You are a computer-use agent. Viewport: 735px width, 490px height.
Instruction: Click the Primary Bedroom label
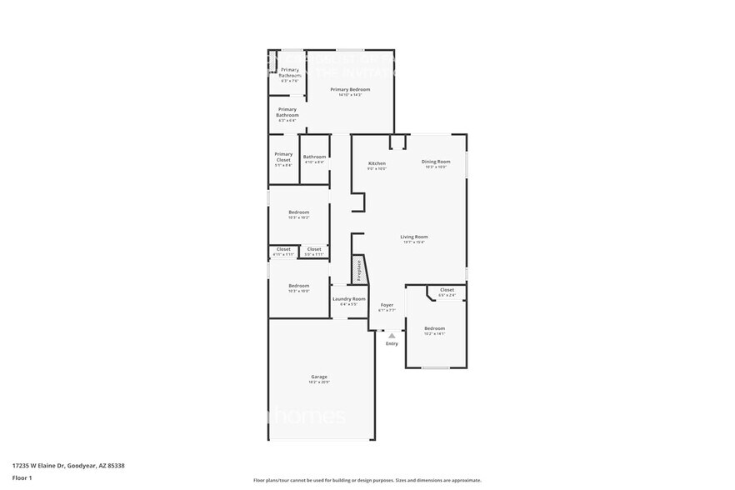(x=350, y=89)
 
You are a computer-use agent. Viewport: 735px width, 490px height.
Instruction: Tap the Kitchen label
(x=377, y=162)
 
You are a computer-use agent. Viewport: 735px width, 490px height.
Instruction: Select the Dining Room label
(x=435, y=162)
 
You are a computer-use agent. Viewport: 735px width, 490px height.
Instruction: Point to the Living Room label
(x=413, y=237)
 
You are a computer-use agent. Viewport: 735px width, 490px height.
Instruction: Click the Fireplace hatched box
(x=359, y=270)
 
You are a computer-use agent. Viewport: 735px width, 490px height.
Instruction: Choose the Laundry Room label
(x=348, y=298)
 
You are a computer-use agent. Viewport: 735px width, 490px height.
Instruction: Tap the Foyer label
(x=387, y=305)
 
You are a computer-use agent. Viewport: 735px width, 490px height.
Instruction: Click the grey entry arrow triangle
(x=391, y=336)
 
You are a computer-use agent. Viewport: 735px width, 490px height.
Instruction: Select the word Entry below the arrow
(x=391, y=343)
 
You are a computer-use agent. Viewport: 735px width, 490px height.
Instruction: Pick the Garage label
(x=319, y=377)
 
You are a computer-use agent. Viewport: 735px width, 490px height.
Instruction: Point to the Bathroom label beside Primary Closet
(x=314, y=157)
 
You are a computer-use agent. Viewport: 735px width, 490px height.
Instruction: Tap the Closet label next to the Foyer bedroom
(x=447, y=290)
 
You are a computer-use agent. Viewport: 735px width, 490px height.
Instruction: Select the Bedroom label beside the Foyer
(x=434, y=328)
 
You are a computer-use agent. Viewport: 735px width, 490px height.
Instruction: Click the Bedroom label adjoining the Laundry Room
(x=298, y=285)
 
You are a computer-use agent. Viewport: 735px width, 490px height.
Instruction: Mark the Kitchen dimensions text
(x=377, y=168)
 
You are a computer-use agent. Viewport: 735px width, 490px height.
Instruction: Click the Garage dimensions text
(x=319, y=382)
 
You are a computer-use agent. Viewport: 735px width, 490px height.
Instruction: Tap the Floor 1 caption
(x=22, y=477)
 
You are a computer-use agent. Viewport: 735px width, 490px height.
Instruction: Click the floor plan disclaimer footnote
(x=367, y=480)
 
